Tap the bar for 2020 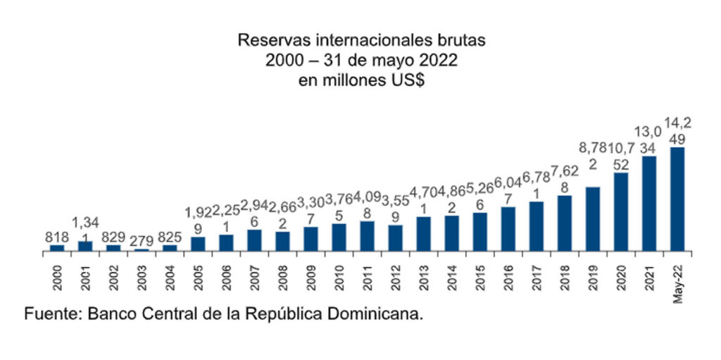(620, 211)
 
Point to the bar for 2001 (85, 246)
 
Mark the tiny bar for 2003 (142, 249)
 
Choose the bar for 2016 (508, 228)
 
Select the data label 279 (142, 237)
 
